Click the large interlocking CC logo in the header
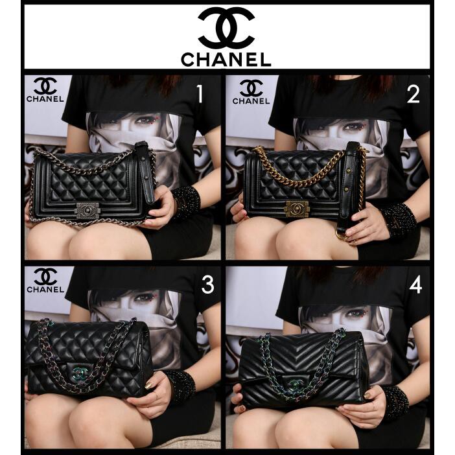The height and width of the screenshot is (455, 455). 226,27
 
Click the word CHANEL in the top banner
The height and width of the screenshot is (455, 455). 226,60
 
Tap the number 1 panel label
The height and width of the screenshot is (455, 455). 200,95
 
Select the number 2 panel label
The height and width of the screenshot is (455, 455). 414,95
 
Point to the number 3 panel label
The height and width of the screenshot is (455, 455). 207,285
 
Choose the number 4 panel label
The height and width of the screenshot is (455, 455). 415,285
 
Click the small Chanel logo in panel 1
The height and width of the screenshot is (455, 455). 45,91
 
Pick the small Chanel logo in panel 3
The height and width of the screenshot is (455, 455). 45,281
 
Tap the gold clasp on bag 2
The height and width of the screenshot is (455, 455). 297,208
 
